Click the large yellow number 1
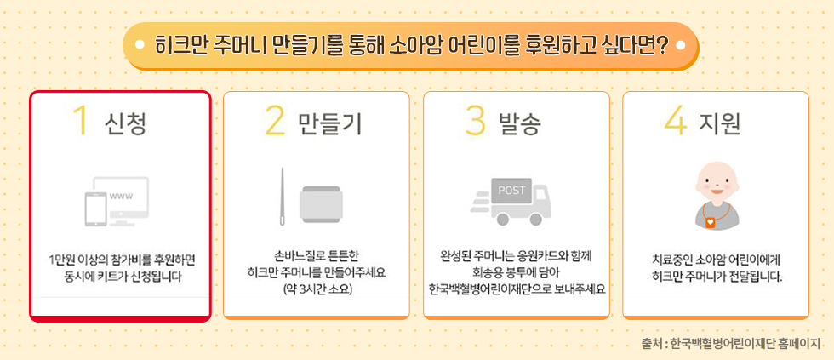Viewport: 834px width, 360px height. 80,121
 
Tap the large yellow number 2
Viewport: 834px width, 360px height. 275,121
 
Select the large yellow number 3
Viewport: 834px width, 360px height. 476,121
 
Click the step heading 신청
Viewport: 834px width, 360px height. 126,123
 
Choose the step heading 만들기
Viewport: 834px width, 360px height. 330,123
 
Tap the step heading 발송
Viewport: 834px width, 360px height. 519,123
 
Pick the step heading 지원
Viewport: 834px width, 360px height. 719,123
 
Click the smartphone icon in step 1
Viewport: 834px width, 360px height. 95,209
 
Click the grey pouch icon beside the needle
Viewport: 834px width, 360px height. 320,203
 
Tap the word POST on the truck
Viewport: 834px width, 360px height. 511,190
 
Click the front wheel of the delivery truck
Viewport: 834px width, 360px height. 535,219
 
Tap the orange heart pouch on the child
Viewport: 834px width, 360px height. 711,222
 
